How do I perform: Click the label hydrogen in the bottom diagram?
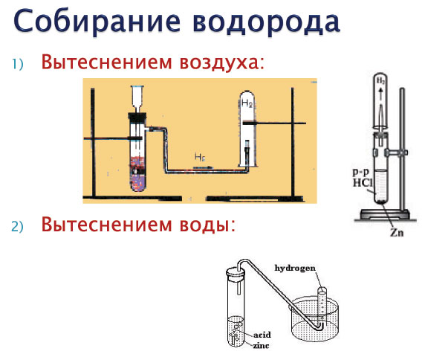click(x=297, y=266)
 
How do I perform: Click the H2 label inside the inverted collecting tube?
click(x=247, y=103)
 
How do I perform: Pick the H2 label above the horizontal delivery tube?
click(x=199, y=157)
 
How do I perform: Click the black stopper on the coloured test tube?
click(x=137, y=116)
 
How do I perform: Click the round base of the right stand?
click(x=386, y=216)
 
